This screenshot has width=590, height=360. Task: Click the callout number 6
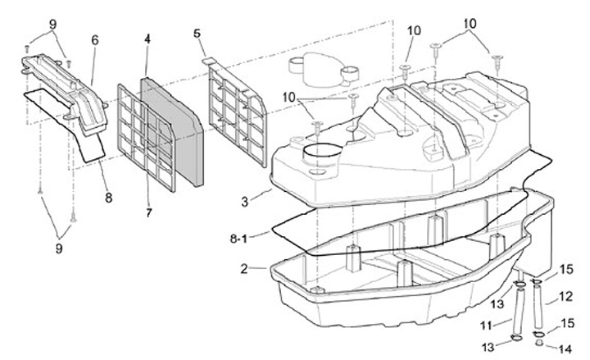(95, 40)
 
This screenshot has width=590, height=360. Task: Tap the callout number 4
(147, 39)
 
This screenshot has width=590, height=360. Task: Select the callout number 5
(197, 33)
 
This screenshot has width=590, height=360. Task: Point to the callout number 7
(148, 212)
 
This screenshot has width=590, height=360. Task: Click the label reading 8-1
(238, 239)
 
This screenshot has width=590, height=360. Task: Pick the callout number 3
(244, 202)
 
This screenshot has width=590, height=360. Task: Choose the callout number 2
(244, 269)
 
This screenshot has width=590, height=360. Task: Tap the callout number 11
(487, 325)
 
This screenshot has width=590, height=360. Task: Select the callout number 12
(566, 296)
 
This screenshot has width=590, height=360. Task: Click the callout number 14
(565, 349)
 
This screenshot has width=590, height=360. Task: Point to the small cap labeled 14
(539, 342)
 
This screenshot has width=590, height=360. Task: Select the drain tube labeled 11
(518, 309)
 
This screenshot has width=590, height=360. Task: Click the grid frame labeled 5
(238, 113)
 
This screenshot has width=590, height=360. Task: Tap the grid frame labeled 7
(146, 138)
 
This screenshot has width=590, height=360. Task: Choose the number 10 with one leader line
(414, 30)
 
